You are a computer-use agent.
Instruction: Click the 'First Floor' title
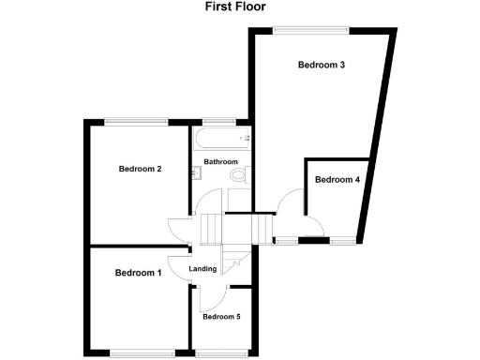click(x=235, y=7)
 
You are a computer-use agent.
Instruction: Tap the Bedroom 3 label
click(x=322, y=66)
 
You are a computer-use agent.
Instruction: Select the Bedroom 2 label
click(x=141, y=170)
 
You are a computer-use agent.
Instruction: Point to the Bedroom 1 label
click(x=139, y=273)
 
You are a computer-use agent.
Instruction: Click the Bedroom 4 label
click(x=337, y=180)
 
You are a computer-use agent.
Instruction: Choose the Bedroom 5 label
click(x=221, y=317)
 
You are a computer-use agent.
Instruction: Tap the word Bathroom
click(x=221, y=162)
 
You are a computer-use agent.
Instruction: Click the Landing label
click(x=203, y=270)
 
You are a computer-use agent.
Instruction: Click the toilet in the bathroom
click(x=238, y=175)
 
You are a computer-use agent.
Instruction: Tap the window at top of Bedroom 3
click(x=312, y=29)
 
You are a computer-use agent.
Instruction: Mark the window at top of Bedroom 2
click(x=136, y=120)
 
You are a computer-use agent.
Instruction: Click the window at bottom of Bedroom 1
click(x=142, y=352)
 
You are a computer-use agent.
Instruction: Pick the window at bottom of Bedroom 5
click(x=222, y=352)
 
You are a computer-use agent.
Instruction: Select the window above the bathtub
click(x=218, y=120)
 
